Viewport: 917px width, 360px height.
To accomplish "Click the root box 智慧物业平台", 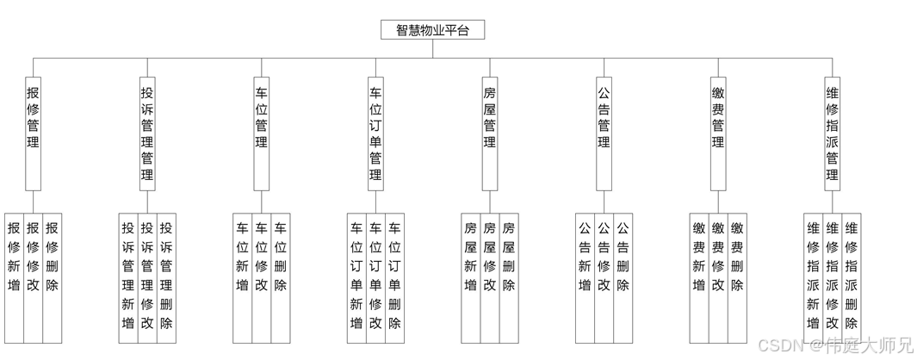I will (x=432, y=30).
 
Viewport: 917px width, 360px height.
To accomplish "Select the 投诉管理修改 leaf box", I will (x=147, y=276).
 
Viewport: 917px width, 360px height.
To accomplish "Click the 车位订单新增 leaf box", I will (x=356, y=276).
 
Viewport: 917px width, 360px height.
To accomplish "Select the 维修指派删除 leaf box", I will (x=851, y=276).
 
